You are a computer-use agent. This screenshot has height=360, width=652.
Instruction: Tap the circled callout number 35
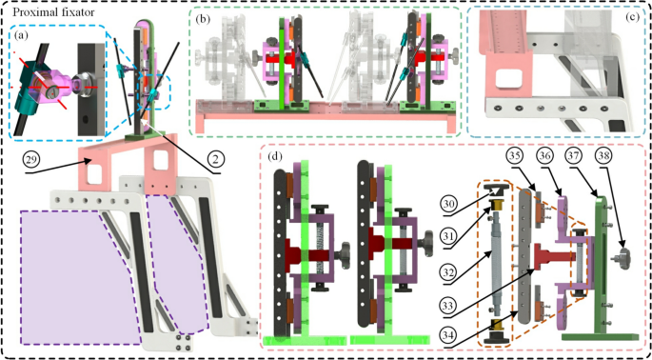[x=515, y=158]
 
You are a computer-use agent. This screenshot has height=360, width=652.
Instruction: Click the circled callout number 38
[x=605, y=158]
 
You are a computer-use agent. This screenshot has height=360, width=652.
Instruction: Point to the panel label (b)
[x=201, y=19]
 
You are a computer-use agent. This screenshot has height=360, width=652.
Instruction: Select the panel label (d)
[x=275, y=157]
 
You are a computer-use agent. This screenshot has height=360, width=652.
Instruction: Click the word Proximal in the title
[x=30, y=13]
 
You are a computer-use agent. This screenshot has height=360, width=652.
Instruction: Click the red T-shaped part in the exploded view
[x=547, y=255]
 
